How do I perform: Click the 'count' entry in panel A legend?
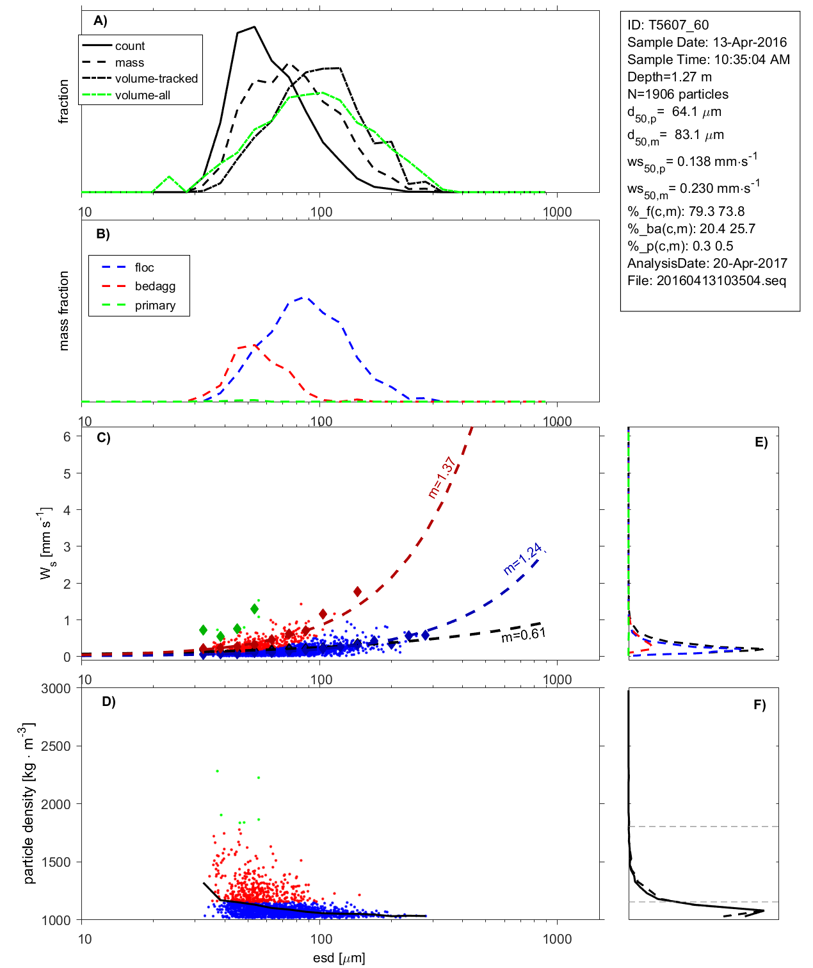click(x=130, y=46)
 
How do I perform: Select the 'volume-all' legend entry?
click(x=142, y=95)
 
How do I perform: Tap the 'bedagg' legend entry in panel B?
click(x=155, y=286)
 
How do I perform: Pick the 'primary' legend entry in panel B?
click(x=155, y=306)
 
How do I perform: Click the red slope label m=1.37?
click(x=442, y=477)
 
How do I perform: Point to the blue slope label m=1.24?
click(x=524, y=559)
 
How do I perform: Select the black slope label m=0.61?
click(x=523, y=635)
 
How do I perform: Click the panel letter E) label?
click(x=761, y=442)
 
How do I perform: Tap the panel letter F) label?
click(x=759, y=705)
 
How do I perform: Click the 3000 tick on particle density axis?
click(x=56, y=689)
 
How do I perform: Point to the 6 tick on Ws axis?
click(x=67, y=436)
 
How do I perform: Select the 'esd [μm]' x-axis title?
click(x=339, y=958)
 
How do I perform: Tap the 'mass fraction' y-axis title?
click(x=63, y=311)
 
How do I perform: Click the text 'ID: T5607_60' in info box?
click(x=668, y=25)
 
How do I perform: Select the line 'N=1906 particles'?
click(x=677, y=94)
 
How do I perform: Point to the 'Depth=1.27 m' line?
click(x=669, y=77)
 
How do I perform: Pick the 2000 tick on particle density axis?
click(x=56, y=804)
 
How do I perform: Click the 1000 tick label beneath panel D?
click(x=557, y=939)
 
